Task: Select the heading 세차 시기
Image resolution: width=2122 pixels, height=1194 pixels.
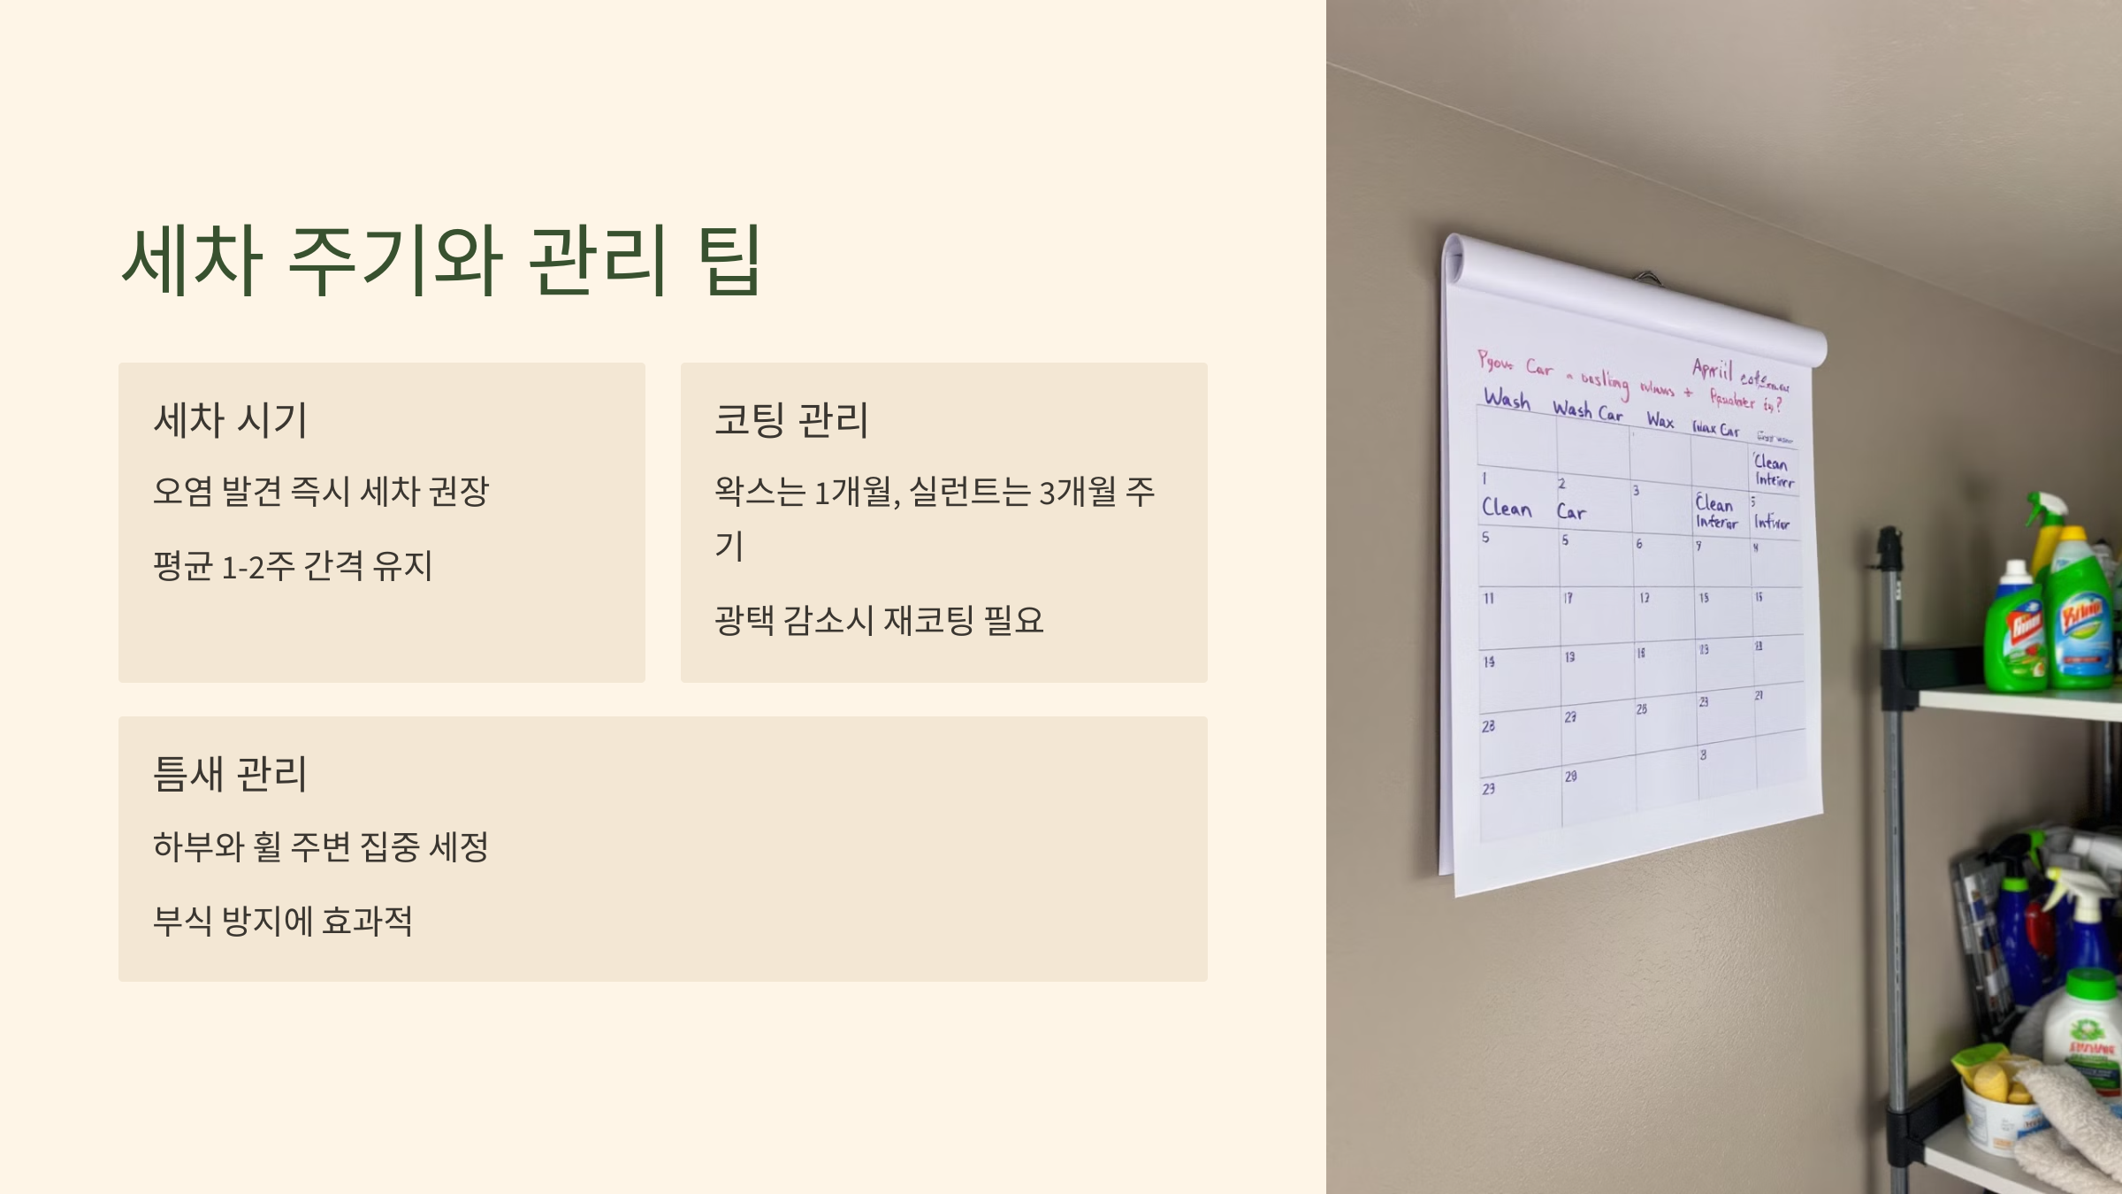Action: coord(230,420)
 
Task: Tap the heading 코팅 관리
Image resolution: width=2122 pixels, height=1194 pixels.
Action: coord(791,420)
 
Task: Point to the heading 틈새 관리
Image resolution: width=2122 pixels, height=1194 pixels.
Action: coord(230,774)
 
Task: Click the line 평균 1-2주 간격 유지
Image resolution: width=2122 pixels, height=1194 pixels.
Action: coord(293,566)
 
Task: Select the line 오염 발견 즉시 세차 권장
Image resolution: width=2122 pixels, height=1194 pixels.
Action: coord(320,492)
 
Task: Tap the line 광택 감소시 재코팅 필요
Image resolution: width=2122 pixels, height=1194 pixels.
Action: coord(879,620)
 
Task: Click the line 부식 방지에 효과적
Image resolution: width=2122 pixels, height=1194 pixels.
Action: coord(283,922)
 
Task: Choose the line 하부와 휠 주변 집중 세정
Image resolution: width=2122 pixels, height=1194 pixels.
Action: coord(320,847)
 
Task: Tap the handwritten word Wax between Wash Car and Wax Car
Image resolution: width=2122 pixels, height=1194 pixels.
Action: coord(1660,421)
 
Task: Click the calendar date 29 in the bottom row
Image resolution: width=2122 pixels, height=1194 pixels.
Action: coord(1570,777)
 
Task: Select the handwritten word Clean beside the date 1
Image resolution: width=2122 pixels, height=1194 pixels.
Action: coord(1506,509)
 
